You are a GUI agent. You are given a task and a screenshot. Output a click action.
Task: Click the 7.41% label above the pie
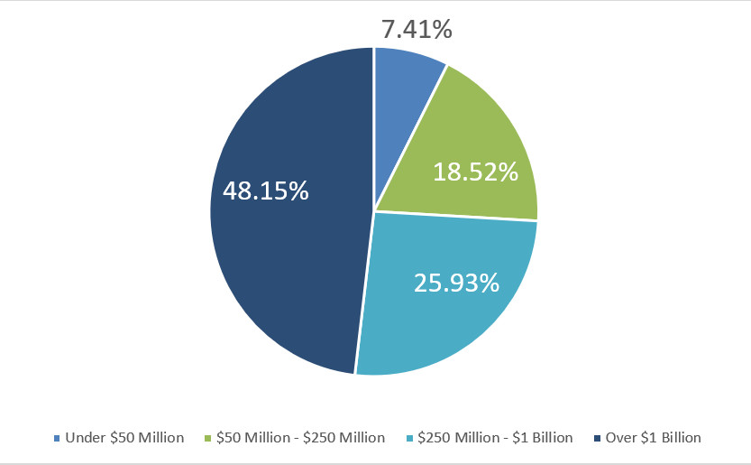coord(416,29)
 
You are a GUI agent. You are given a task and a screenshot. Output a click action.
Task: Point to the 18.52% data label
coord(475,172)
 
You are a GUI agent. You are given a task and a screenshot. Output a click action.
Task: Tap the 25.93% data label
coord(456,283)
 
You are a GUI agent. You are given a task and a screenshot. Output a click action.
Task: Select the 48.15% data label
coord(265,191)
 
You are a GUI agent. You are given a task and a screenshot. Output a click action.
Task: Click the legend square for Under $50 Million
coord(58,438)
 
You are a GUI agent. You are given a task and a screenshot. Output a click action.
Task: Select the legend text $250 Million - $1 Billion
coord(493,438)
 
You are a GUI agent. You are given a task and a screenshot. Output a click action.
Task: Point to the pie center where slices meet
coord(374,211)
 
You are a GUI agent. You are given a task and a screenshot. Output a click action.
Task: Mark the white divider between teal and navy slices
coord(364,293)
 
